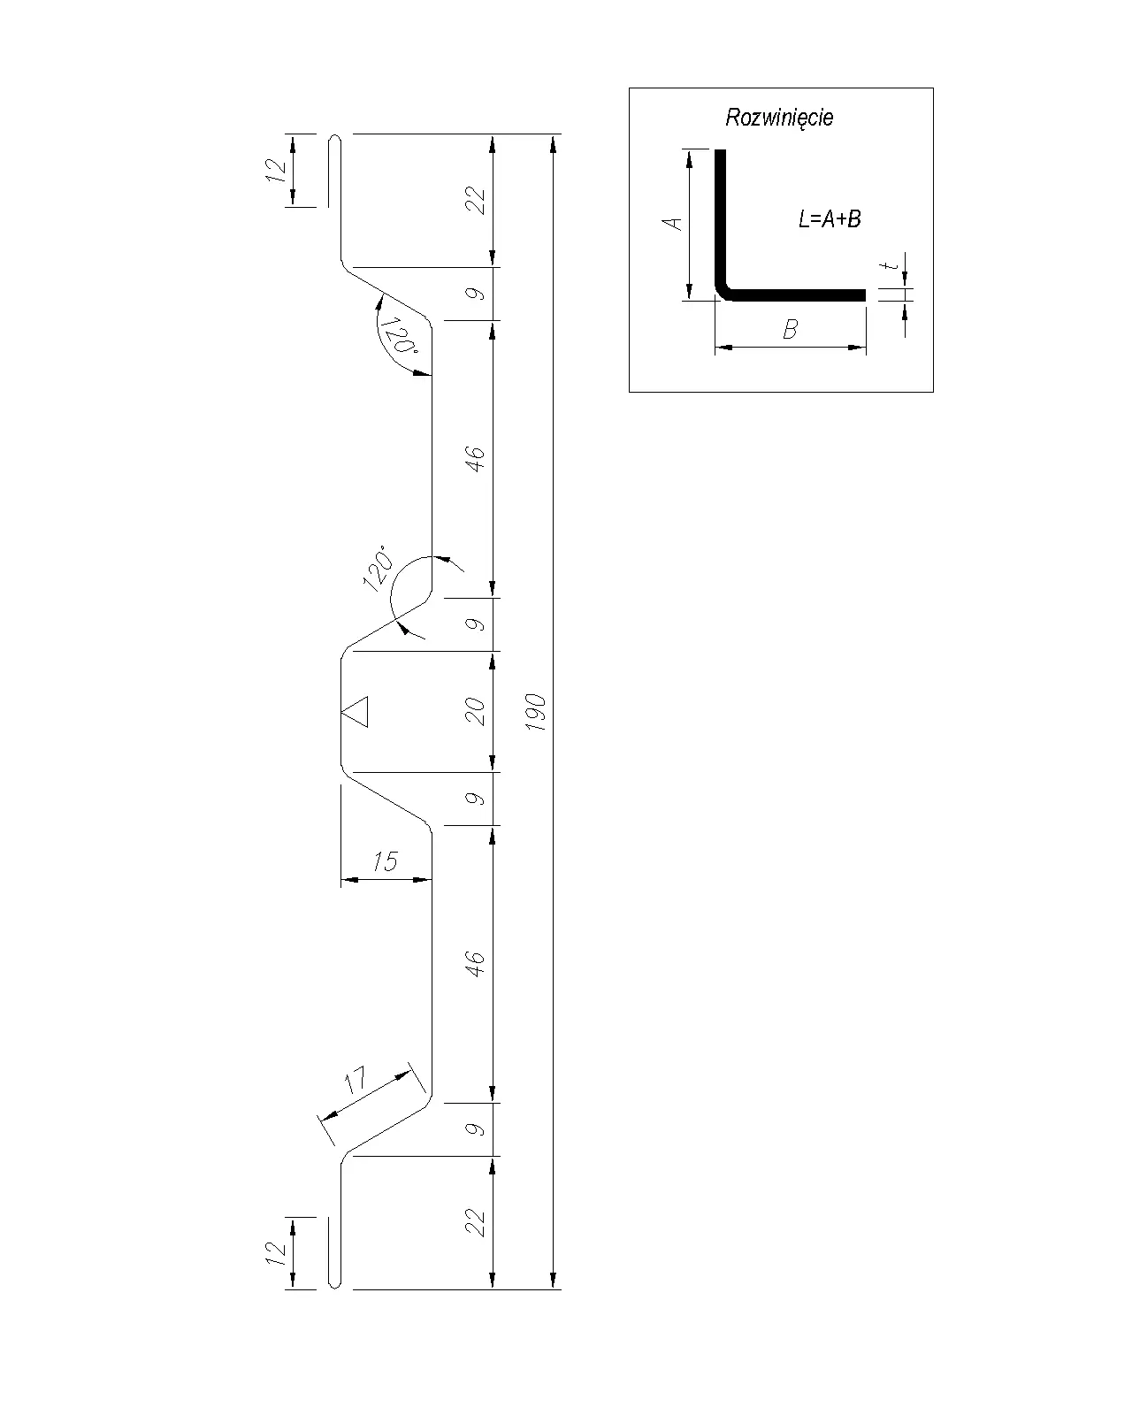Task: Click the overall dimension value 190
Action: [536, 711]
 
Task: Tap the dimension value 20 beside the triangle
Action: [475, 711]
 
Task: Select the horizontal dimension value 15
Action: [386, 860]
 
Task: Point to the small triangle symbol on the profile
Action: [356, 711]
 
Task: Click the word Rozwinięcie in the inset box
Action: [779, 117]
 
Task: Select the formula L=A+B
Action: [830, 218]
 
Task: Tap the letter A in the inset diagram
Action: [672, 224]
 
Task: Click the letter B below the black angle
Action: [790, 329]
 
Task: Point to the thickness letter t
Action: [891, 265]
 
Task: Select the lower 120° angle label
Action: [378, 568]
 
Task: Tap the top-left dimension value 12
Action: [276, 171]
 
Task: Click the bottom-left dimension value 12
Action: [276, 1252]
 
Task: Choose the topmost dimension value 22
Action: [475, 201]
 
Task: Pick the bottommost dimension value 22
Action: [475, 1223]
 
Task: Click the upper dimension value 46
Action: [475, 458]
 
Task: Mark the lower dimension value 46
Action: [475, 963]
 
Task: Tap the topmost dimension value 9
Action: [475, 294]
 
